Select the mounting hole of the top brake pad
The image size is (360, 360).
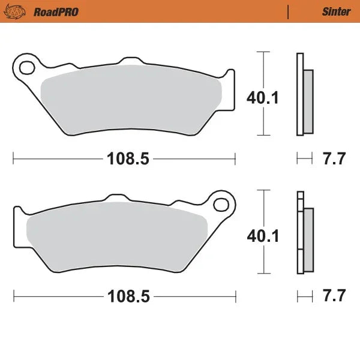click(26, 66)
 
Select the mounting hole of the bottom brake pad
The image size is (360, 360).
click(221, 205)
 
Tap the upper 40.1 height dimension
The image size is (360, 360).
click(263, 97)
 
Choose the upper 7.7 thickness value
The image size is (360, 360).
click(333, 159)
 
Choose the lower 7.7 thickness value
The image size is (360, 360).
click(333, 296)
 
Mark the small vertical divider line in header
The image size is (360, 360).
click(289, 11)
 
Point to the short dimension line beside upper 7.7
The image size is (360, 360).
click(305, 159)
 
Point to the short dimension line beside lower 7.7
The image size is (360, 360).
click(305, 296)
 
